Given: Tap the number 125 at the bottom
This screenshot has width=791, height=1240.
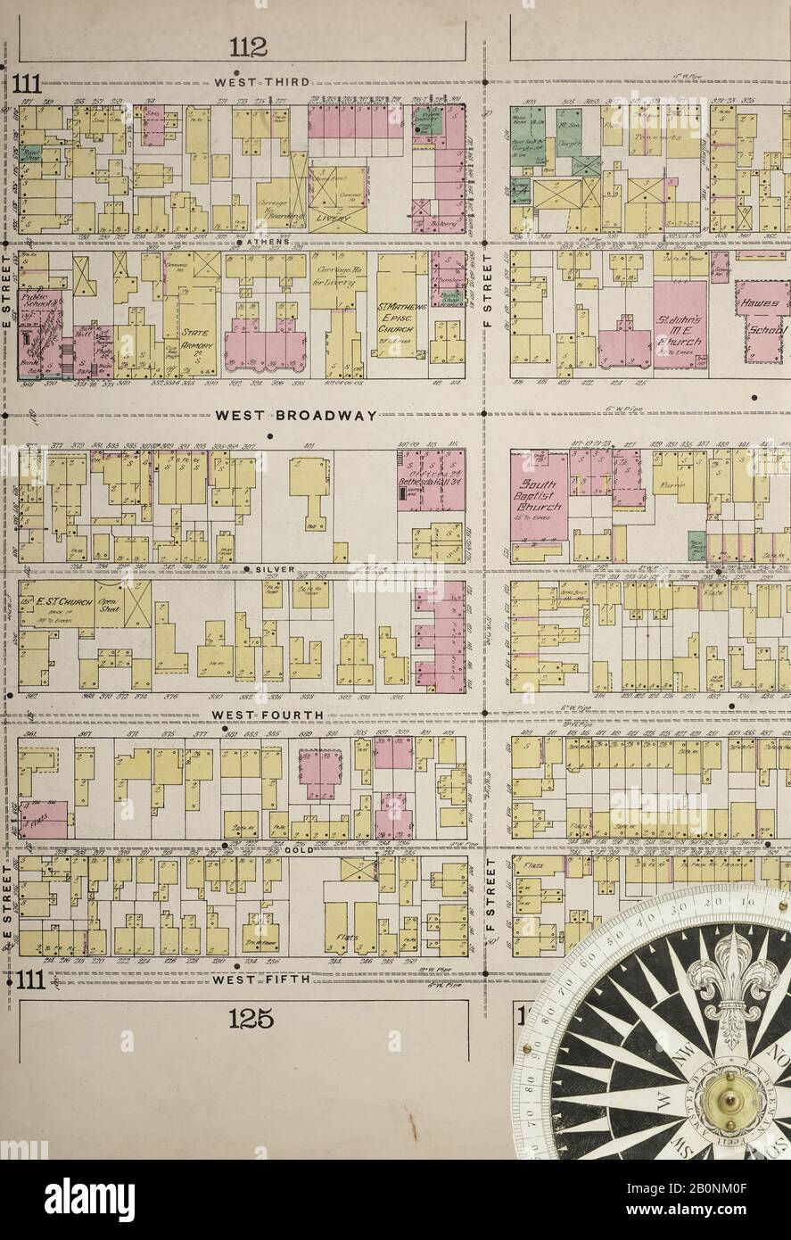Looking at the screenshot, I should [x=250, y=1018].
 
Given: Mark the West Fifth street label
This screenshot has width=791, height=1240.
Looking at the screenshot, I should [x=260, y=979].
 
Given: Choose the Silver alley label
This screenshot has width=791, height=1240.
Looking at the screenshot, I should [x=268, y=568].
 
